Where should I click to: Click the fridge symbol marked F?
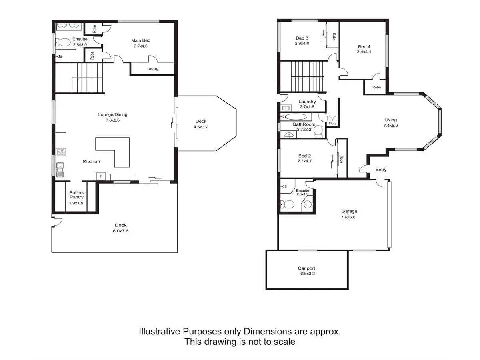101,176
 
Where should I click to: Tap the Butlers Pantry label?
76,195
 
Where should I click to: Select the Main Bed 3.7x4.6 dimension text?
141,46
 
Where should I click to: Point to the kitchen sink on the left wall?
60,169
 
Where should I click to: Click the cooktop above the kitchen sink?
61,152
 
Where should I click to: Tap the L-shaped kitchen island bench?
116,150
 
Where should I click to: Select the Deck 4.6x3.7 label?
201,127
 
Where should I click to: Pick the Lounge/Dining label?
113,115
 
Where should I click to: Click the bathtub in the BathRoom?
295,117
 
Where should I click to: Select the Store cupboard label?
332,124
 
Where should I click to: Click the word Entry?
381,170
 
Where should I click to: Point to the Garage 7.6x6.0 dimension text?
349,217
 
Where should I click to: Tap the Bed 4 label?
364,46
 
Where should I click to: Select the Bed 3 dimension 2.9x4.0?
302,43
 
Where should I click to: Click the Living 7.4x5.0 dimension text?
390,125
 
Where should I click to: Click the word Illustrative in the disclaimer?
160,332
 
